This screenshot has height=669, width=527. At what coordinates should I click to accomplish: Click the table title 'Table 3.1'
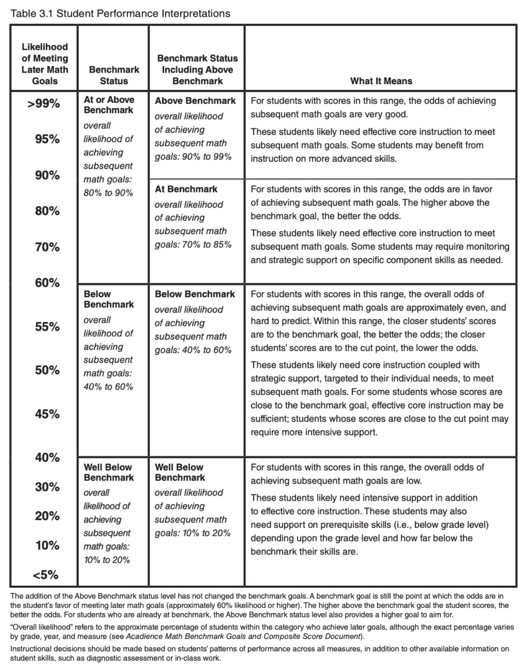coord(32,13)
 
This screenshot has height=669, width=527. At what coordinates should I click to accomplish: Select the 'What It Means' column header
coord(381,81)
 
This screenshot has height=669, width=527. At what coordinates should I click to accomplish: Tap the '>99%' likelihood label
coord(44,104)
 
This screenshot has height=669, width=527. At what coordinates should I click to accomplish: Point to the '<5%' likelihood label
coord(45,575)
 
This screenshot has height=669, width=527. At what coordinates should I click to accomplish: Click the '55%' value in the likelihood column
coord(47,327)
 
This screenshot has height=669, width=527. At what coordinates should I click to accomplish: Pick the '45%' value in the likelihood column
coord(47,414)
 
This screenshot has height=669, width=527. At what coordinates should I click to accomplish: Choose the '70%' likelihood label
coord(47,247)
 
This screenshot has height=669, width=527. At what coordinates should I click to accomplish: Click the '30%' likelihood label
coord(47,487)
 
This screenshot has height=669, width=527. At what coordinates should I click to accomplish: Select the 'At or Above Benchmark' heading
coord(109,105)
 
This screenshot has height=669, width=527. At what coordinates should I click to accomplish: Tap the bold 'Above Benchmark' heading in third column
coord(195,101)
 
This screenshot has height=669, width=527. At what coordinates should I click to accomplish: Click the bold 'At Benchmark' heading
coord(186,189)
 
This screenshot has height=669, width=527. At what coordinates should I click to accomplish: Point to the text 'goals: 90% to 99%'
coord(193,156)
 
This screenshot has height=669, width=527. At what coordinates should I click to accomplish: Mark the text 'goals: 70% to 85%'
coord(193,244)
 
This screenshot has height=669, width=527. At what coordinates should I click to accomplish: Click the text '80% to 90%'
coord(108,193)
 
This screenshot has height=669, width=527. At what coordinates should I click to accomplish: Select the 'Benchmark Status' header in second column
coord(114,75)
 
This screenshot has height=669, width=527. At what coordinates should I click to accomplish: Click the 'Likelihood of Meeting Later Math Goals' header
coord(45,64)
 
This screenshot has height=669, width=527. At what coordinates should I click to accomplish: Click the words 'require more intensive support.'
coord(314,432)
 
